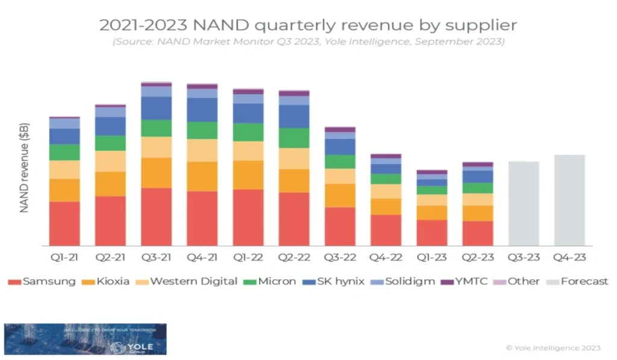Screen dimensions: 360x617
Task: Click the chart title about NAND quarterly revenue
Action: point(308,25)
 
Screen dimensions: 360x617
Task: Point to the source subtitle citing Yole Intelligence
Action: point(308,42)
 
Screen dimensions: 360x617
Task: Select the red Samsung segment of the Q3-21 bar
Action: point(156,216)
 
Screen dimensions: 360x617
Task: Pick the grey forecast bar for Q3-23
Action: point(524,203)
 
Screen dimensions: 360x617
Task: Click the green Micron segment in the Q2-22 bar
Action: point(293,137)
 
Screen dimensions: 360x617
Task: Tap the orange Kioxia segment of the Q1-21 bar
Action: point(64,190)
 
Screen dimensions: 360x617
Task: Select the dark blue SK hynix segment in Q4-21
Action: point(202,110)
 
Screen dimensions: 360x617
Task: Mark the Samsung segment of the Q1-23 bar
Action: point(431,232)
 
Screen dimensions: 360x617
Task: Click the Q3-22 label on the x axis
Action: point(339,257)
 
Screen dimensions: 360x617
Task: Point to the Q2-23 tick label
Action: point(477,257)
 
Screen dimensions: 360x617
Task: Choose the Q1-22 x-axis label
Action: point(248,257)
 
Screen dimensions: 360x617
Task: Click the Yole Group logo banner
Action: point(85,339)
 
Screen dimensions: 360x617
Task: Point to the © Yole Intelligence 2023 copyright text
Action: point(553,348)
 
